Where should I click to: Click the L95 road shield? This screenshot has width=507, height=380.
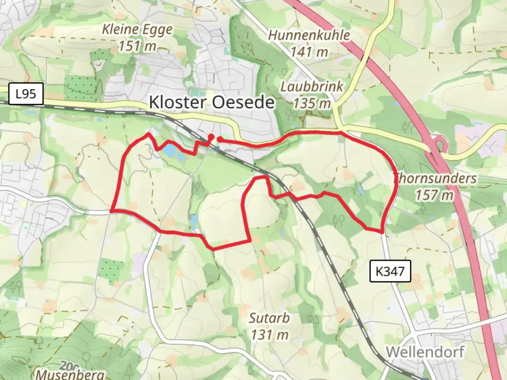tap(26, 94)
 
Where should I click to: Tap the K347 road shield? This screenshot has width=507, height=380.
tap(390, 271)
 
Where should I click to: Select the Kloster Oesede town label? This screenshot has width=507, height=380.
tap(212, 102)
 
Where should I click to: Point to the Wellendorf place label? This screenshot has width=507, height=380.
tap(425, 352)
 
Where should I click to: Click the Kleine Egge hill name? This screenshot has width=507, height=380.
tap(137, 30)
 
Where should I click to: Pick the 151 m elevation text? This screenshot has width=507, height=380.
tap(137, 46)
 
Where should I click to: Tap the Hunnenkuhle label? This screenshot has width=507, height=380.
tap(309, 35)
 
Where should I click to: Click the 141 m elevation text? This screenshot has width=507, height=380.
tap(309, 52)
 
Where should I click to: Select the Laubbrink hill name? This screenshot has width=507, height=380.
tap(312, 87)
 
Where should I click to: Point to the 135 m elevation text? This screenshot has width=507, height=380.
tap(312, 103)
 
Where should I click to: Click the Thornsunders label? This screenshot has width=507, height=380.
tap(435, 178)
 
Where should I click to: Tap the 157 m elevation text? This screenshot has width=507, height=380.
tap(434, 195)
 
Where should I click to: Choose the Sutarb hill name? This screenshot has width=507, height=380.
tap(269, 318)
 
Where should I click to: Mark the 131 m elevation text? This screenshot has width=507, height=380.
tap(270, 335)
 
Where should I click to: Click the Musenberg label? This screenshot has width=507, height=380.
tap(70, 374)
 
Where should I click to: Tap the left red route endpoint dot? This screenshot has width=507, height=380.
tap(211, 137)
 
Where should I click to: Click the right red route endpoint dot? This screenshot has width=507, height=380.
tap(219, 140)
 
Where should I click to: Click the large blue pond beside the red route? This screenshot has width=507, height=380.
tap(170, 151)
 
